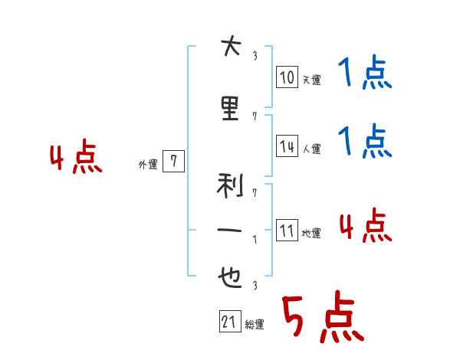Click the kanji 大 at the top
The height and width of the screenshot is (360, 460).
[x=232, y=45]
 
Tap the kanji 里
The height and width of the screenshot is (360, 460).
[x=230, y=108]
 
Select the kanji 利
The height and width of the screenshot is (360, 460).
[x=230, y=185]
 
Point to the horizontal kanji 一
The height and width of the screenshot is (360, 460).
[x=229, y=230]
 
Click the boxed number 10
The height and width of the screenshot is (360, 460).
[x=287, y=77]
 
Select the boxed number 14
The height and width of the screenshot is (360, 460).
[x=287, y=146]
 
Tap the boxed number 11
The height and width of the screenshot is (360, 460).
[x=287, y=230]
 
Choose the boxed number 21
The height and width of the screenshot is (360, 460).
[x=230, y=321]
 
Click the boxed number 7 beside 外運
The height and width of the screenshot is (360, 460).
[x=174, y=161]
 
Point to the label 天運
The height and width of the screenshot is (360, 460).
[x=312, y=80]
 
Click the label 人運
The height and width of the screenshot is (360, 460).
[x=312, y=149]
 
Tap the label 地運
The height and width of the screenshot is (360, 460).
[x=311, y=233]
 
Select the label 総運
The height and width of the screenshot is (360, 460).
[x=255, y=324]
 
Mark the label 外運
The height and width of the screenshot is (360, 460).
[x=148, y=164]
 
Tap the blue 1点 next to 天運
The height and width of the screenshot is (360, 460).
[x=365, y=71]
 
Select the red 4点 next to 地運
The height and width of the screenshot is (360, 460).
[x=366, y=225]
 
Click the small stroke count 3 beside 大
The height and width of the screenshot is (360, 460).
[x=255, y=56]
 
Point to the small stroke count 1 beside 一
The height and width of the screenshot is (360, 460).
[x=255, y=240]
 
